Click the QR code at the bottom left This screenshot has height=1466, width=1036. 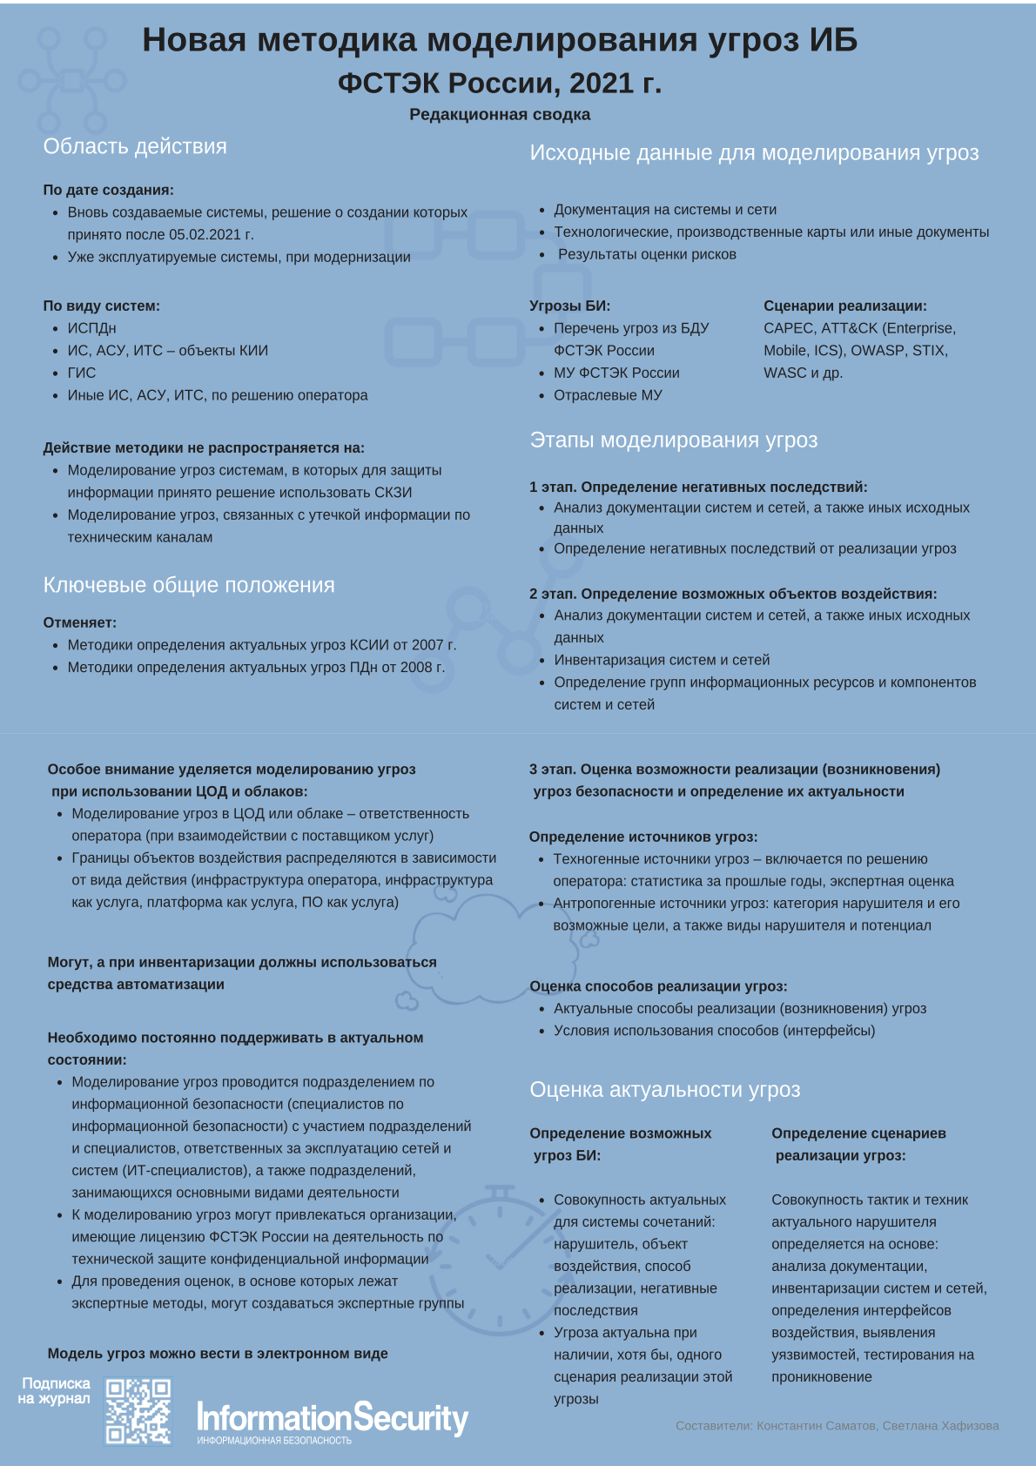[x=138, y=1411]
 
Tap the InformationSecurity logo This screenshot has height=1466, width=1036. [x=333, y=1419]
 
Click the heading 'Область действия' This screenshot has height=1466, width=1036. [x=135, y=146]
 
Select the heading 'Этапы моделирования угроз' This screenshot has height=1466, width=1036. [x=674, y=440]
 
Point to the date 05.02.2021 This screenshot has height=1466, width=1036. [x=205, y=234]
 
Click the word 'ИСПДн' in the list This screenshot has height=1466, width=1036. [x=91, y=328]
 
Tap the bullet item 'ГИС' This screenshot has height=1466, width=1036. [x=82, y=373]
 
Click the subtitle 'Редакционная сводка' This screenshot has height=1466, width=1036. [x=500, y=114]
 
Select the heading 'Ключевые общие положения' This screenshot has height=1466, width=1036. [x=189, y=585]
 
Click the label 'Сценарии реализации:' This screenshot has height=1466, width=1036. [x=845, y=306]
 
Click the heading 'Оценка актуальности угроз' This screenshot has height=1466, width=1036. [x=665, y=1089]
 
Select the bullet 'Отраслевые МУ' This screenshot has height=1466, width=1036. [x=608, y=395]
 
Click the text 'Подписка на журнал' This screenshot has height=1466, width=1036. [x=55, y=1390]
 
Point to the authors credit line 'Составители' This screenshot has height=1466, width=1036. [x=837, y=1426]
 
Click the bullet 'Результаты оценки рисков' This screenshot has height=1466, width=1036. [x=647, y=254]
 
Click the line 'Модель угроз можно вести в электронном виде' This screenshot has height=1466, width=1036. [x=218, y=1354]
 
